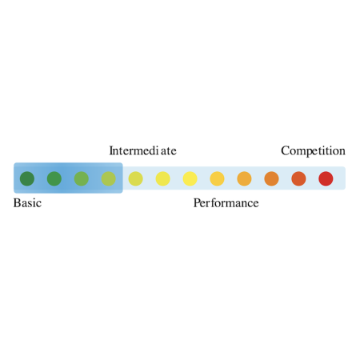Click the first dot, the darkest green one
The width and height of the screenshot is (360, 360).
[x=27, y=178]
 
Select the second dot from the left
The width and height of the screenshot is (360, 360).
[x=54, y=178]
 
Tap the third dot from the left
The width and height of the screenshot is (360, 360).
[x=82, y=178]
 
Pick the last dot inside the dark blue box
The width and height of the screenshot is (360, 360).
[x=109, y=178]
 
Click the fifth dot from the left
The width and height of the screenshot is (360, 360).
[x=136, y=178]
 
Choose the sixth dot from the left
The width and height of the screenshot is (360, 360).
[x=163, y=178]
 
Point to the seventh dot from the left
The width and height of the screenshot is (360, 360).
[x=190, y=178]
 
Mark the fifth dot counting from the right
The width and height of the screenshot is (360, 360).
[x=218, y=178]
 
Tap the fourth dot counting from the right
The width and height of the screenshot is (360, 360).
[x=244, y=178]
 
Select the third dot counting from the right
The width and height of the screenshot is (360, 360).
[x=271, y=178]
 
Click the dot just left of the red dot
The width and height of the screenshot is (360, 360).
[x=298, y=178]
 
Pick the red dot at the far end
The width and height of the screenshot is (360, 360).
[x=326, y=178]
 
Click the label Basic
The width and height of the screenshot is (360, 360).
[x=27, y=203]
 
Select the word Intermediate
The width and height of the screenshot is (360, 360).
[x=143, y=150]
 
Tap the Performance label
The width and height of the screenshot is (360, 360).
[x=226, y=203]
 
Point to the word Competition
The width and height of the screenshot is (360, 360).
[x=314, y=151]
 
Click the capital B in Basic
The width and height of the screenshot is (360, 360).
[x=17, y=203]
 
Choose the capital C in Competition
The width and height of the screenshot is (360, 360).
[x=285, y=150]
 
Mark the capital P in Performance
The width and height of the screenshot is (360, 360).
[x=197, y=203]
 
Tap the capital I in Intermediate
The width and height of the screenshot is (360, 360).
[x=111, y=150]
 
